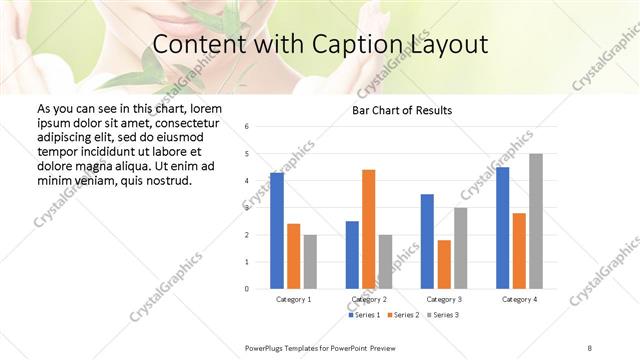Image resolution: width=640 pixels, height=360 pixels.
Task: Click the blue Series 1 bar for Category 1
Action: [x=277, y=231]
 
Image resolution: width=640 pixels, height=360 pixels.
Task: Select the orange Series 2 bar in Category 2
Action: [x=368, y=229]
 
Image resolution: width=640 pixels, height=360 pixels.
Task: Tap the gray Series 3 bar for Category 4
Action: [x=536, y=221]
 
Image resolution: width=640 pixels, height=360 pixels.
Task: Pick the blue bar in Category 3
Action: [x=427, y=241]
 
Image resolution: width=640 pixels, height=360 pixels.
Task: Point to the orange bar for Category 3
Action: [x=444, y=264]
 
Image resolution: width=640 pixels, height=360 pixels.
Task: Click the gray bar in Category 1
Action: [x=310, y=261]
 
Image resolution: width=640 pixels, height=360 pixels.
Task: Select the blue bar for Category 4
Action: [x=503, y=228]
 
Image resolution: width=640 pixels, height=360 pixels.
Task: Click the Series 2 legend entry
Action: [x=404, y=315]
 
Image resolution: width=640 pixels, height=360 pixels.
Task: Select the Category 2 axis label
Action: [x=369, y=299]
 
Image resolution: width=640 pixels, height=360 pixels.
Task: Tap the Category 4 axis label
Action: [x=519, y=299]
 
